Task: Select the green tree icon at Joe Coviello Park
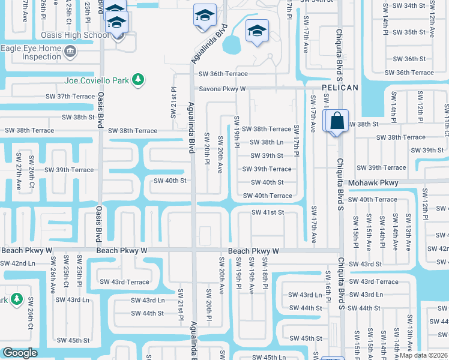138,79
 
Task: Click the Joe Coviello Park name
97,80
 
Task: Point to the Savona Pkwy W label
223,89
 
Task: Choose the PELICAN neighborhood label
340,88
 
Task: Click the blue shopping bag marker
338,121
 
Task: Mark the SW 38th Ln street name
267,142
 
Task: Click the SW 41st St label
267,212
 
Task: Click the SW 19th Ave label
252,275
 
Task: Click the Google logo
20,353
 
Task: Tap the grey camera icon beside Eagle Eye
71,52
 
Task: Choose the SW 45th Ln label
270,357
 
